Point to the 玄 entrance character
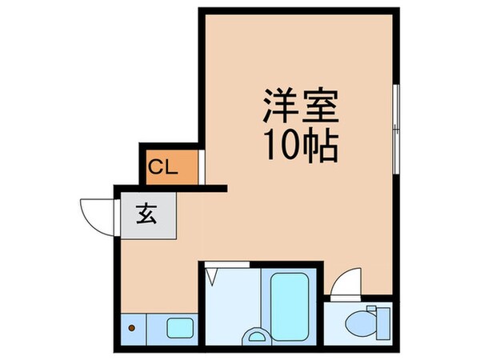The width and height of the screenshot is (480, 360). (146, 214)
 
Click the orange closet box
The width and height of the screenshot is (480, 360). (169, 167)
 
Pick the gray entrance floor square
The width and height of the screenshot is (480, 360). (147, 215)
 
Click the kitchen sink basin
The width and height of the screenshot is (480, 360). (178, 326)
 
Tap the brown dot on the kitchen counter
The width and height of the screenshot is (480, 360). (133, 326)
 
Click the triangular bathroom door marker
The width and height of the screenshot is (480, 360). (212, 277)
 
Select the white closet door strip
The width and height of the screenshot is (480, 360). (201, 167)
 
